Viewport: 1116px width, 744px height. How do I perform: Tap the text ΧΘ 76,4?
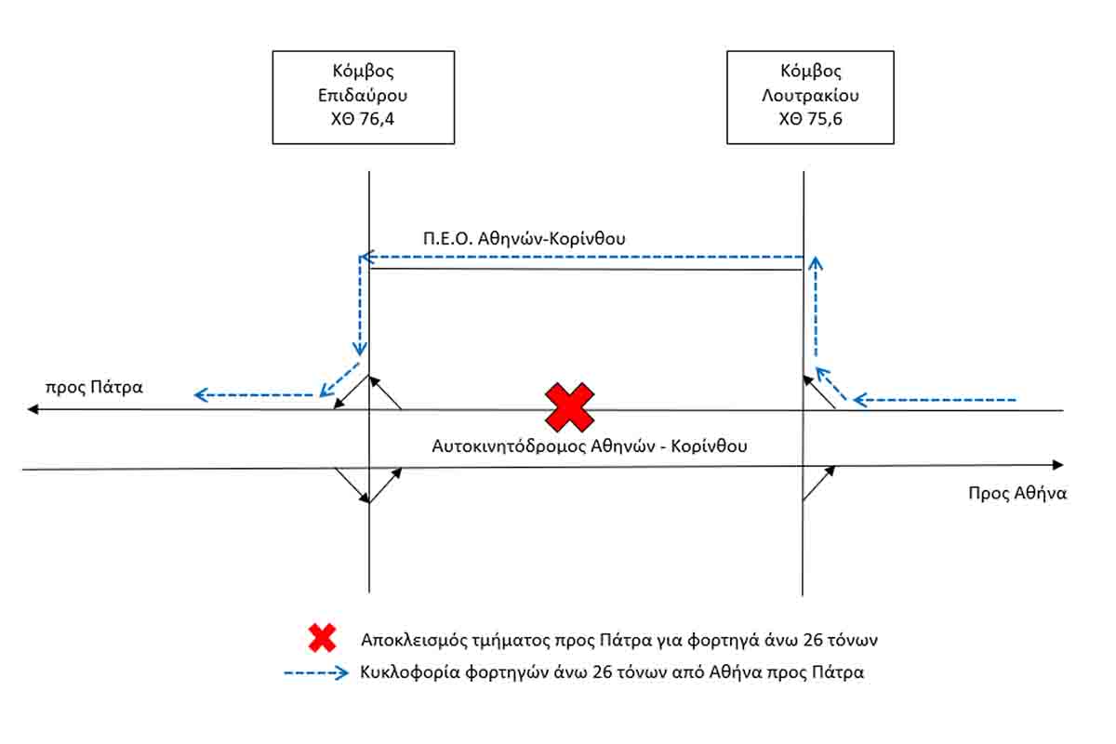tap(363, 119)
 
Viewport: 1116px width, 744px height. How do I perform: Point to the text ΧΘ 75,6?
tap(811, 119)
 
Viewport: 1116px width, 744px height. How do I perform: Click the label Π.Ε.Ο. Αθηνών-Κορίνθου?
tap(525, 239)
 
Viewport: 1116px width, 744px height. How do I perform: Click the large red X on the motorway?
tap(569, 407)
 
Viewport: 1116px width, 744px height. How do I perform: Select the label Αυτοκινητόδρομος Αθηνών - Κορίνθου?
tap(590, 446)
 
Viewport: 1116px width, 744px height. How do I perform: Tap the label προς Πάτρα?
tap(94, 387)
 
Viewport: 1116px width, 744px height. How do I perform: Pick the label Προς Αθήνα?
tap(1017, 493)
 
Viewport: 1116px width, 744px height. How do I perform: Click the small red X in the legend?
tap(323, 638)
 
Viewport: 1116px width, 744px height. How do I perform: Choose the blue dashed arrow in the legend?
tap(316, 672)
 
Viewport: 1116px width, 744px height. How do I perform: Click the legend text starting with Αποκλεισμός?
tap(619, 640)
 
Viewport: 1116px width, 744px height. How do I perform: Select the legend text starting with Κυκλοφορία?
tap(612, 672)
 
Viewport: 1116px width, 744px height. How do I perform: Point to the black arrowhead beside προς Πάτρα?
tap(33, 409)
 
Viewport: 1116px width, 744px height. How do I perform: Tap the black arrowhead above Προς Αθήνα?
tap(1057, 464)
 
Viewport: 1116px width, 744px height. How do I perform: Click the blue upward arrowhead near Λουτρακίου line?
tap(816, 263)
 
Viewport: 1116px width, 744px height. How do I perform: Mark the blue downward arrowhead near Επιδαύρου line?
tap(360, 349)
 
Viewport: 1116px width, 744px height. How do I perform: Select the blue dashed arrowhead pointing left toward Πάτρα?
tap(200, 395)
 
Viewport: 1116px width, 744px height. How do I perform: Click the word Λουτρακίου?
tap(811, 95)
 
